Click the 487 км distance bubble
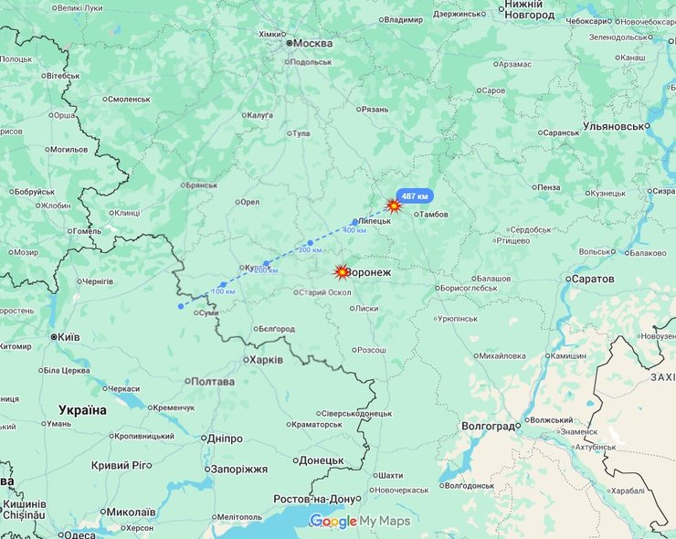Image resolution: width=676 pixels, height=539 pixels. coord(415,196)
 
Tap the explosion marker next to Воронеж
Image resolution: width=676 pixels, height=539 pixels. coord(342,272)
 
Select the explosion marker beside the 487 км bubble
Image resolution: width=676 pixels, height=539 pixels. coord(394,206)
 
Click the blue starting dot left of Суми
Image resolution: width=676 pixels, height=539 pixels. coord(181,306)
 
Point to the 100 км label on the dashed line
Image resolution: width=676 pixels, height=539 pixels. coord(223,291)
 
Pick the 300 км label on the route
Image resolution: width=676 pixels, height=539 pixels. coord(310,249)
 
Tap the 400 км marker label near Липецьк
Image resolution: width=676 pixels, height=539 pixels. coord(354,229)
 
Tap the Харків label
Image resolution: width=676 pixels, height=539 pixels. coord(265,360)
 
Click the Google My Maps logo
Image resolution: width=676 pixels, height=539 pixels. coord(360,521)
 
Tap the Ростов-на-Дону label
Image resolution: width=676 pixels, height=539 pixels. coord(313,499)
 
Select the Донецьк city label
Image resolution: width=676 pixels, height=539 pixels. coord(322,460)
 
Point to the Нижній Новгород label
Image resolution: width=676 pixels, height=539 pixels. coord(529,10)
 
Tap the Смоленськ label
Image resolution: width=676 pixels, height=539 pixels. coord(128,99)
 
